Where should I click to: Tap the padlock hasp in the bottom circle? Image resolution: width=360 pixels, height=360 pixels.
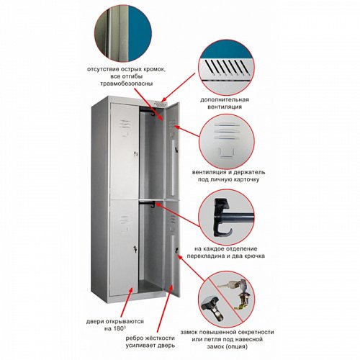coord(212,308)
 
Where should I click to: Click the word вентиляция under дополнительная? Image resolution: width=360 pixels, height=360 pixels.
coord(225,107)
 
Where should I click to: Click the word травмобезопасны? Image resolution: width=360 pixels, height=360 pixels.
coord(126,84)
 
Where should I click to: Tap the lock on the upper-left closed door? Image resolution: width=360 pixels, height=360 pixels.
coord(136,154)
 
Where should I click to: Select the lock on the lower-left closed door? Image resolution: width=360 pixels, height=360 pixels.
coord(135,249)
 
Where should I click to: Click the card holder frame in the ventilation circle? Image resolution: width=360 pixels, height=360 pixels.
coord(226,152)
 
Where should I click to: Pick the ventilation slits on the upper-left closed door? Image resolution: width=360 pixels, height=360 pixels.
coord(125,124)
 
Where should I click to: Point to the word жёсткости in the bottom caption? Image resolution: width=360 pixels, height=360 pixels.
coord(161,338)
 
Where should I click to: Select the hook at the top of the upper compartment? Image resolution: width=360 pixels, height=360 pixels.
coord(152,113)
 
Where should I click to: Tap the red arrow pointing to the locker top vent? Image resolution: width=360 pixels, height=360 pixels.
coord(178,87)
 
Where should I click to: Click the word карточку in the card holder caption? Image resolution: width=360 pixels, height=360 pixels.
coord(246,180)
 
